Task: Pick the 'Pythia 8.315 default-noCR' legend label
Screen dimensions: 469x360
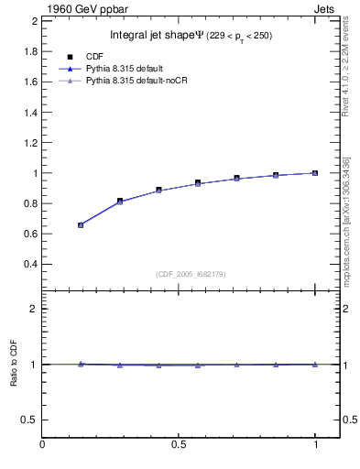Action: (142, 82)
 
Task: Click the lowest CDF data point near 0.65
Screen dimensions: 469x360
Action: (81, 224)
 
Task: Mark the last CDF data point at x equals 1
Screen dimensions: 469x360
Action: (314, 172)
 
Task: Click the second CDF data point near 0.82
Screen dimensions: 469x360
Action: (120, 201)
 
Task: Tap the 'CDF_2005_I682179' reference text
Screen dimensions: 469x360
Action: (191, 274)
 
